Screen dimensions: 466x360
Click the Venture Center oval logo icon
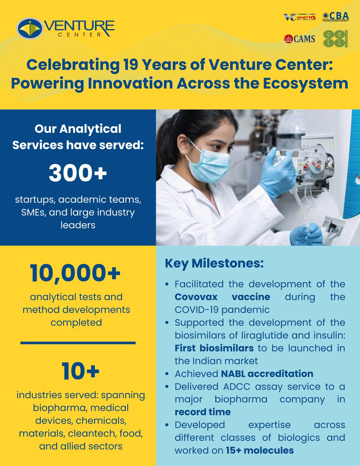tap(30, 28)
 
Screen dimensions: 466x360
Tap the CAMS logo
tap(300, 39)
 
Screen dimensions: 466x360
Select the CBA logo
tap(336, 16)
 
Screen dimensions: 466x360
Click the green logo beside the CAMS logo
tap(336, 39)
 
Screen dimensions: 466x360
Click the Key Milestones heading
tap(214, 263)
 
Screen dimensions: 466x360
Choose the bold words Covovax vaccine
tap(222, 297)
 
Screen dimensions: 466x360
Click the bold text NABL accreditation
tap(267, 374)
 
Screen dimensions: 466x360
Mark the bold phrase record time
tap(202, 412)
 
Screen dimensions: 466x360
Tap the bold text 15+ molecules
tap(260, 450)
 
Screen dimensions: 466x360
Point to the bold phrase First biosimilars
tap(214, 348)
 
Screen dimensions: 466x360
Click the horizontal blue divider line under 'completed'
tap(78, 343)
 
